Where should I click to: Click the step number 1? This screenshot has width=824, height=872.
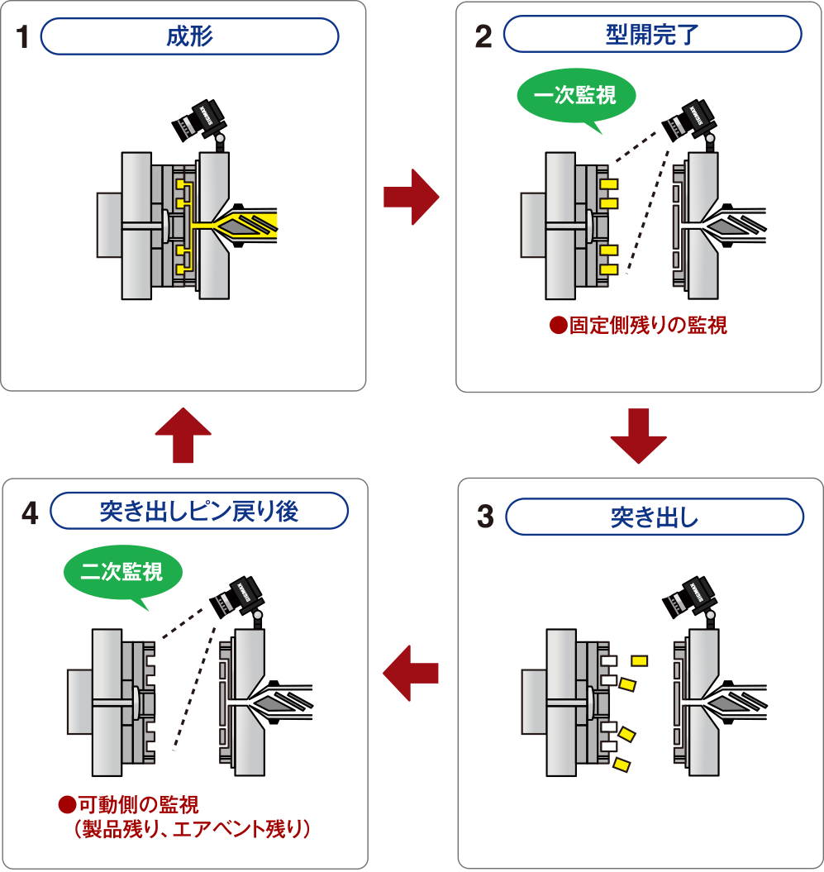(22, 38)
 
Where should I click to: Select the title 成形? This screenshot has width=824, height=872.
(189, 36)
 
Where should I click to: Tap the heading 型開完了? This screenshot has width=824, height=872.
(652, 36)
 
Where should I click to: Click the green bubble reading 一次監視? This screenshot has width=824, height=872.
(576, 97)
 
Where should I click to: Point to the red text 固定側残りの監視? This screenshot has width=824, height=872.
(639, 326)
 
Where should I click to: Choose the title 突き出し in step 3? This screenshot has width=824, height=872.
(654, 518)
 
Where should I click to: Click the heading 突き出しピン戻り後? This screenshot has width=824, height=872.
(198, 512)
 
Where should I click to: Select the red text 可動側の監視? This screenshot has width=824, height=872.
(131, 803)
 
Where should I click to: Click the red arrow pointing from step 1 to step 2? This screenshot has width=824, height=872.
(411, 197)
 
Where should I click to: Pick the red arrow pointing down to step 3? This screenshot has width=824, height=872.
(638, 435)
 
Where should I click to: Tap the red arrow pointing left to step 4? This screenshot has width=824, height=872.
(410, 673)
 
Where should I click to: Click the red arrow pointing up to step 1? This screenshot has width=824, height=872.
(183, 435)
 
